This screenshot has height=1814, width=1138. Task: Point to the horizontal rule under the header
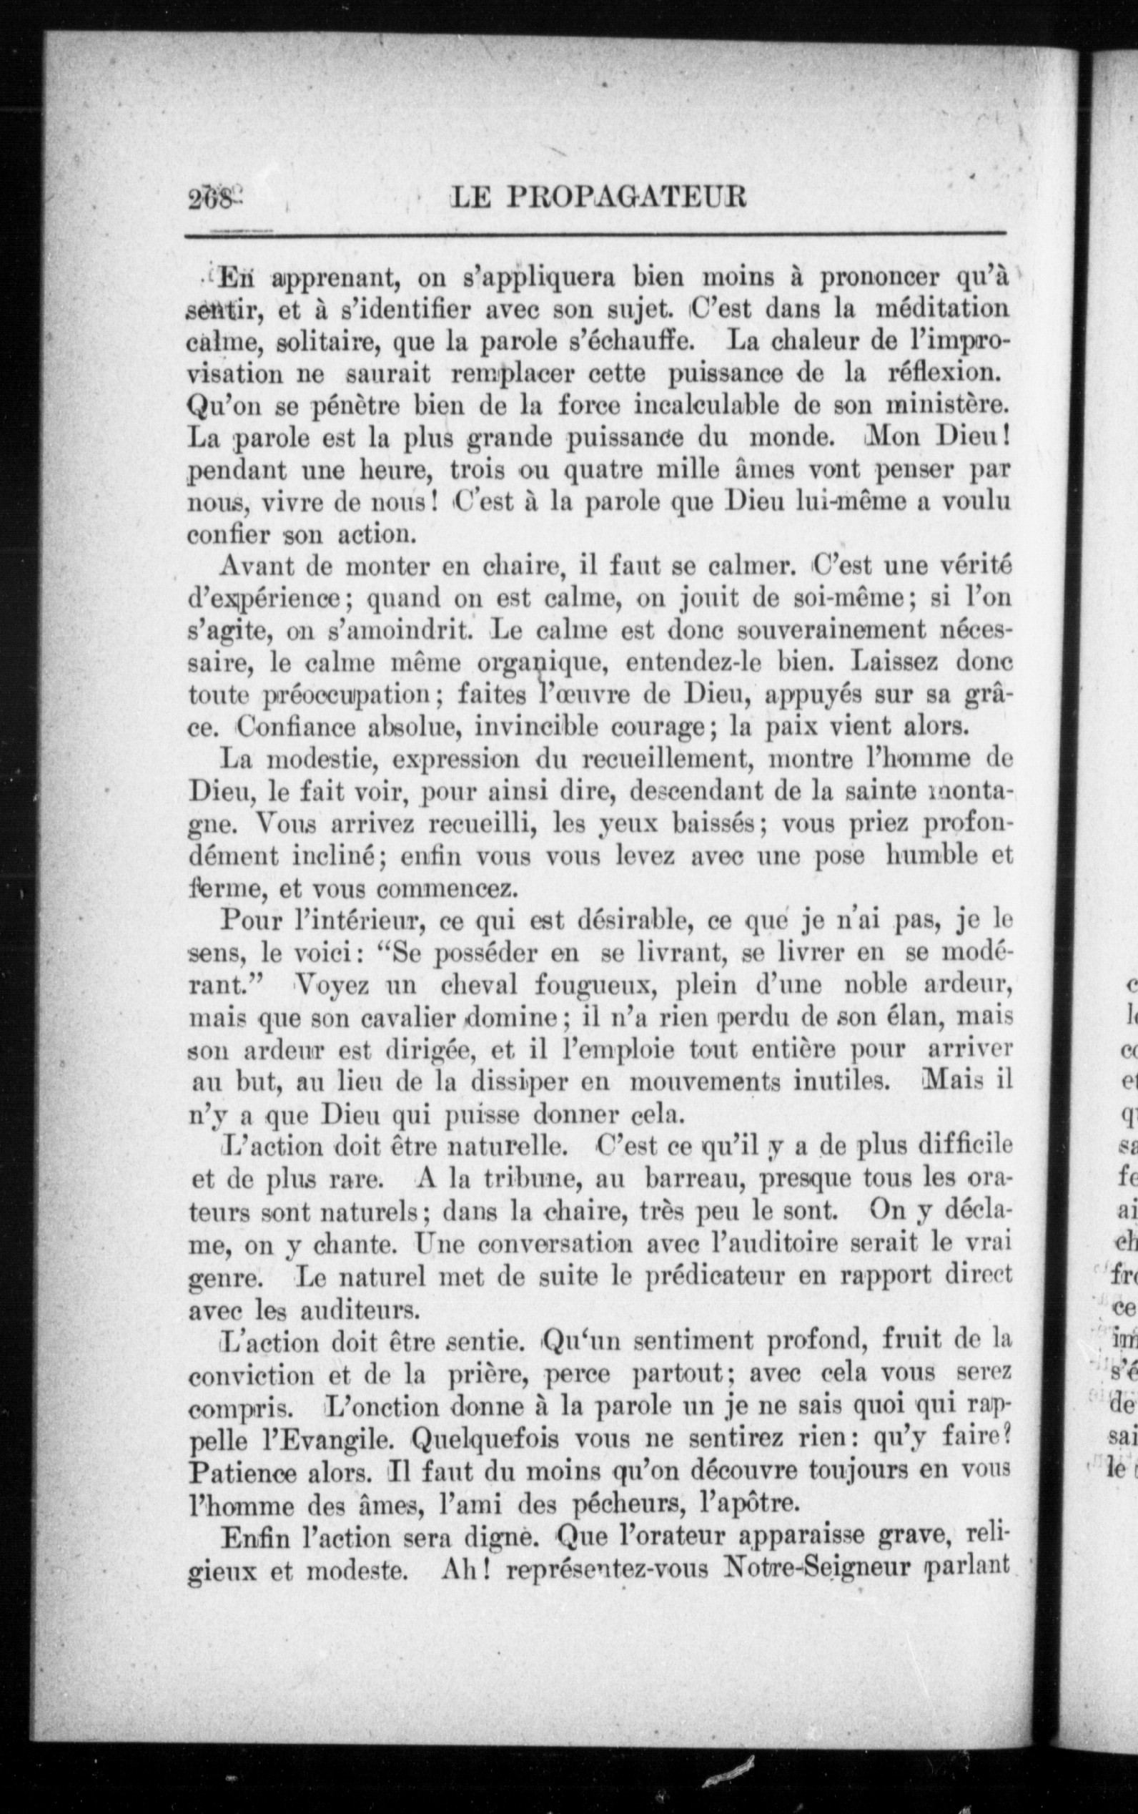[x=595, y=237]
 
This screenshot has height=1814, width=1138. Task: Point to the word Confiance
[x=296, y=727]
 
